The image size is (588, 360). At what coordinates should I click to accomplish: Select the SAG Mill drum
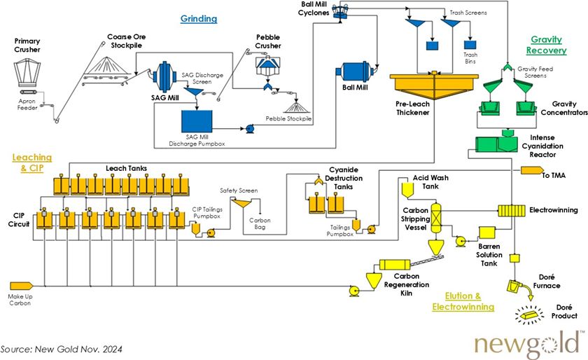tap(162, 74)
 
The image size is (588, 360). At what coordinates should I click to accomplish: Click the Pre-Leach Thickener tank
tap(428, 86)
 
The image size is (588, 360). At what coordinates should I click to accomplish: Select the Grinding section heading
tap(199, 18)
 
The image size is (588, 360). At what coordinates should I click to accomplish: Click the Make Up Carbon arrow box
tap(20, 286)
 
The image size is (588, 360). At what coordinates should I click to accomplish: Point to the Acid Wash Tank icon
tap(406, 188)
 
